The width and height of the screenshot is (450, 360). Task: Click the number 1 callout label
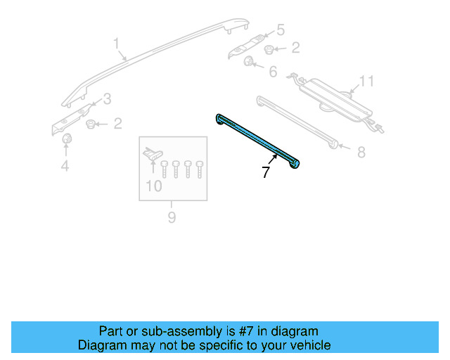(x=117, y=46)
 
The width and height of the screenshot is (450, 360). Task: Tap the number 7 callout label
(x=265, y=172)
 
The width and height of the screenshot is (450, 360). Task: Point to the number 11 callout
(x=365, y=82)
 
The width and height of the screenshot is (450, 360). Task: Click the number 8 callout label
(x=361, y=151)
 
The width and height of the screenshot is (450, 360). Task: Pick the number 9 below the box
(x=172, y=218)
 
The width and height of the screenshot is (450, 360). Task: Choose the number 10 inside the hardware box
(x=153, y=186)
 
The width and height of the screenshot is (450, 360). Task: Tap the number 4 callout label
(x=65, y=166)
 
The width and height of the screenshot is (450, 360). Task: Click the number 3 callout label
(x=107, y=98)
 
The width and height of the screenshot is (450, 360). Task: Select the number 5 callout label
(x=280, y=30)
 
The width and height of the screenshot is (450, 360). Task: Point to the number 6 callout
(x=272, y=72)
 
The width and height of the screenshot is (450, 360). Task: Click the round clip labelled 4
(x=67, y=141)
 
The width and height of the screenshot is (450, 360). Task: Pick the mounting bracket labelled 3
(x=74, y=117)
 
